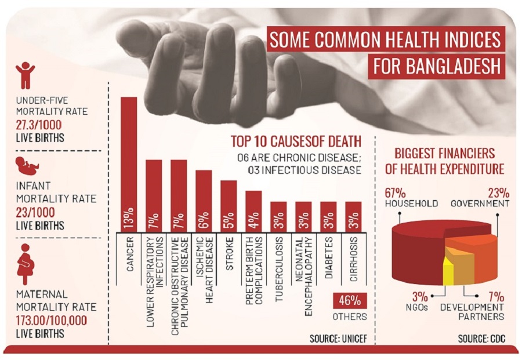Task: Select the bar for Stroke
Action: click(229, 206)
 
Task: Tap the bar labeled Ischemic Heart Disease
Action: click(204, 201)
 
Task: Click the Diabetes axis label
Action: click(328, 254)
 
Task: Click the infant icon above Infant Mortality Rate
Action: click(27, 165)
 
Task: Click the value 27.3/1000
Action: click(39, 125)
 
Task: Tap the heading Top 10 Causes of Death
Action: click(296, 141)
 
